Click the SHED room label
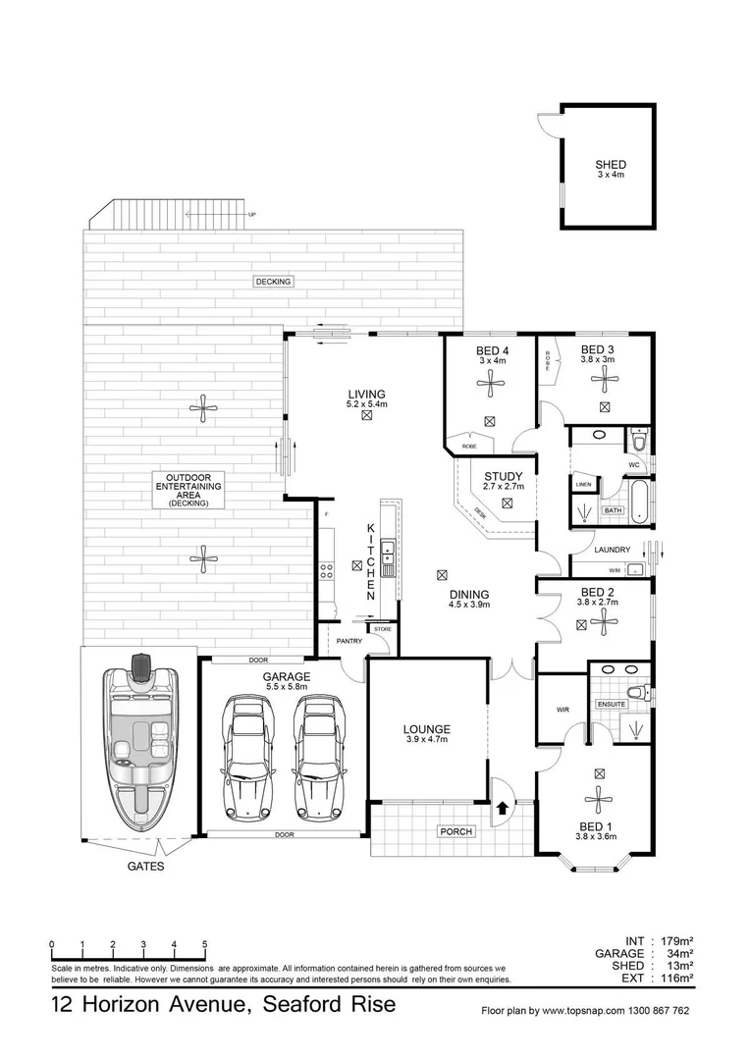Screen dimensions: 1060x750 point(610,165)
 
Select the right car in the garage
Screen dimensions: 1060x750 point(321,758)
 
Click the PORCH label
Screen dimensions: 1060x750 point(455,831)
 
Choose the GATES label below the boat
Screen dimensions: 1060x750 point(145,868)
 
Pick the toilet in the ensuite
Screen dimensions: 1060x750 point(638,693)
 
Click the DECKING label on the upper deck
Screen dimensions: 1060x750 point(274,282)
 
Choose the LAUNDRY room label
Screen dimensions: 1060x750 point(603,552)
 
